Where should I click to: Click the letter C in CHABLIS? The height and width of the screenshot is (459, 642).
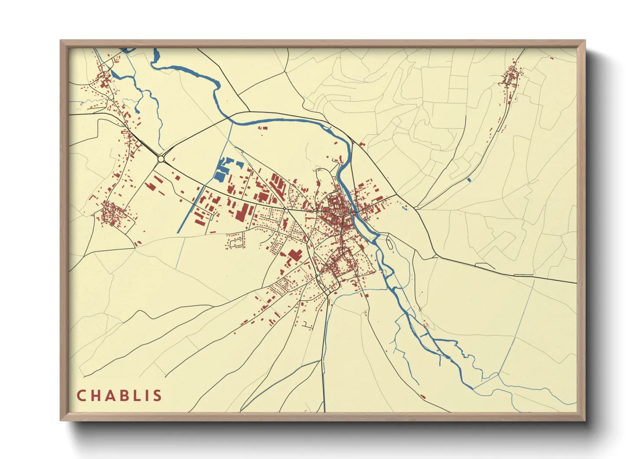(x=81, y=396)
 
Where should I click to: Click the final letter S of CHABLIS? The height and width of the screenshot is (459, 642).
(x=158, y=396)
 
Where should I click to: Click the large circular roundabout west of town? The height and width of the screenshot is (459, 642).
(x=161, y=159)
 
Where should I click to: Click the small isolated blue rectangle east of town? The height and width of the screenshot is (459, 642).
(x=469, y=180)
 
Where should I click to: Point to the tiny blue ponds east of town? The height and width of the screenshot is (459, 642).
(x=404, y=209)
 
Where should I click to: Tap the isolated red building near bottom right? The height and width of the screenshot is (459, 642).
(x=423, y=396)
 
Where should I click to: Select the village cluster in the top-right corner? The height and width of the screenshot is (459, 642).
(x=511, y=78)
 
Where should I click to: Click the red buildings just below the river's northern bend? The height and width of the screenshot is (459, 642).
(x=262, y=128)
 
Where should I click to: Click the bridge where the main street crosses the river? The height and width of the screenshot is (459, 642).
(x=355, y=212)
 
